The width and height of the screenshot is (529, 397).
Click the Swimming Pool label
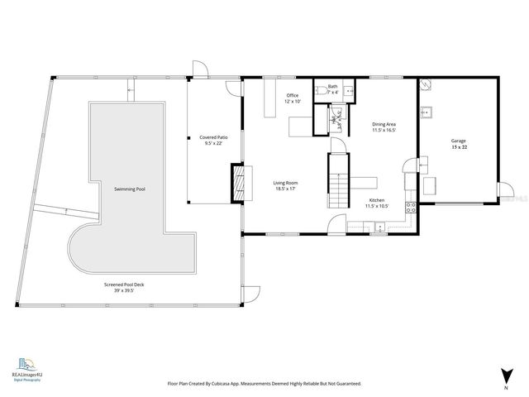(x=130, y=189)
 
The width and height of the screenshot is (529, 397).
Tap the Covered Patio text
(x=214, y=137)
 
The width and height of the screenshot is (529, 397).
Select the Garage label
(x=458, y=141)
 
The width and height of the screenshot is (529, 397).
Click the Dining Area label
(x=384, y=124)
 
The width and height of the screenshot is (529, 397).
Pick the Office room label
(x=293, y=96)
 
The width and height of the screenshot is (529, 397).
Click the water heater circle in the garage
(x=425, y=84)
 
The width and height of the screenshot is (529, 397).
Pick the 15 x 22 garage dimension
(x=458, y=147)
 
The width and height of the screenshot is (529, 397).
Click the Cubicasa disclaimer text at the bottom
(x=264, y=384)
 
